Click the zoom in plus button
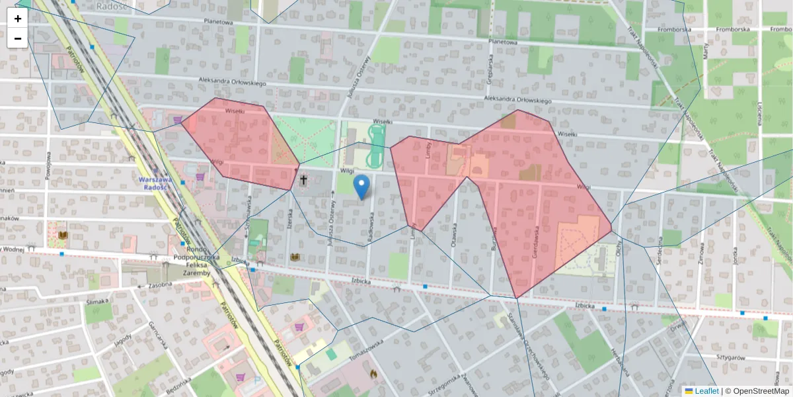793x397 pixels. click(18, 19)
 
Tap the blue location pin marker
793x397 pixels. click(361, 187)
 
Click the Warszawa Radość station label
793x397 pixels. click(153, 183)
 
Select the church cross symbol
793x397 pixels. click(304, 179)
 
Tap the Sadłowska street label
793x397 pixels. click(373, 226)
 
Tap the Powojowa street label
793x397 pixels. click(48, 165)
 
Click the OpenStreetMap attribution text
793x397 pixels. click(757, 391)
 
